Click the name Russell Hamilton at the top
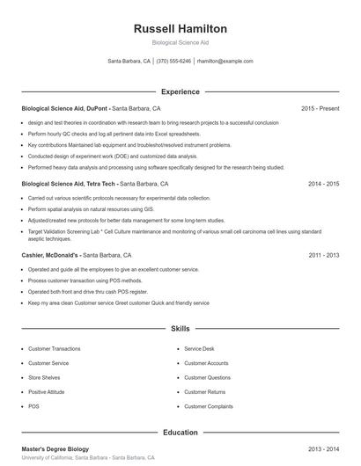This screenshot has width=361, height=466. (x=180, y=28)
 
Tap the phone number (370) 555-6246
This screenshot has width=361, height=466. (x=173, y=62)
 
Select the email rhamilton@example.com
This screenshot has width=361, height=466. (x=225, y=62)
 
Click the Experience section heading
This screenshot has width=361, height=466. (x=180, y=91)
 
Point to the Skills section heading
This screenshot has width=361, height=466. (x=180, y=329)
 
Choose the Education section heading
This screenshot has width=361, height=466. (x=180, y=433)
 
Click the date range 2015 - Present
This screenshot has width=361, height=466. (x=320, y=108)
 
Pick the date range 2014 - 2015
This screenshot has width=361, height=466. (x=324, y=185)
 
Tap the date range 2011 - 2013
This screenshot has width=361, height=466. (x=324, y=255)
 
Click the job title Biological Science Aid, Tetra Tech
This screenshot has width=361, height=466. (x=70, y=185)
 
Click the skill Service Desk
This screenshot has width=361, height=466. (x=199, y=348)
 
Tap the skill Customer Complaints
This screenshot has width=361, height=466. (x=209, y=407)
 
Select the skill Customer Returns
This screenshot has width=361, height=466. (x=205, y=392)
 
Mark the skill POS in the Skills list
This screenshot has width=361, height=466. (x=33, y=407)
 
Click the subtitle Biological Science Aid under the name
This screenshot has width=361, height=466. (x=180, y=42)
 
